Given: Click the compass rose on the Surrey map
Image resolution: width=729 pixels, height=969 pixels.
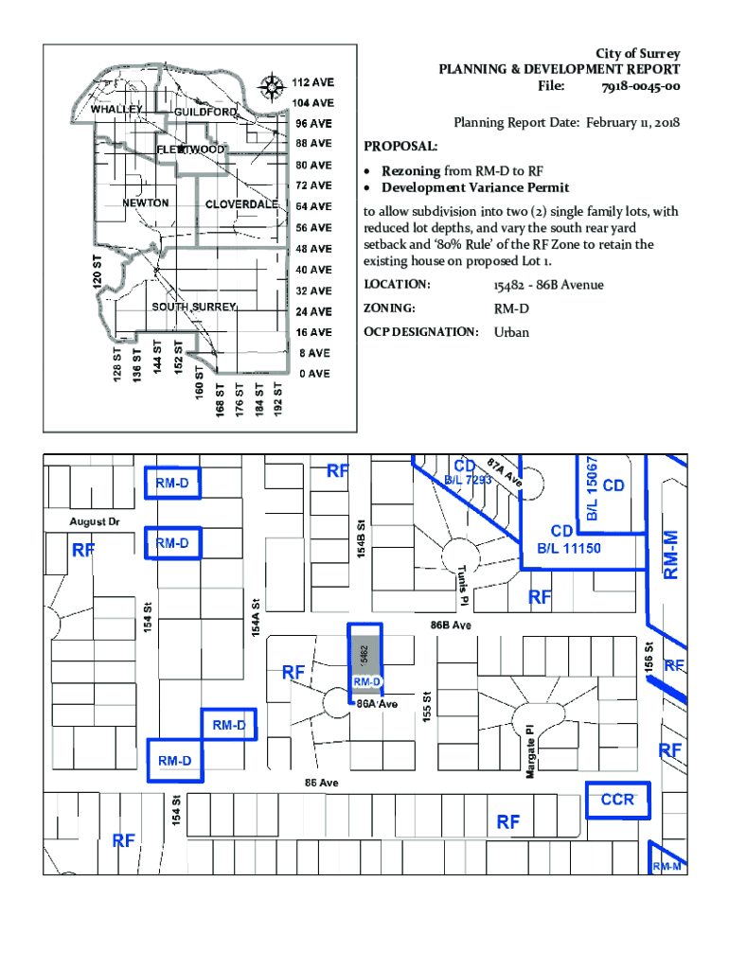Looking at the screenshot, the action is (x=272, y=86).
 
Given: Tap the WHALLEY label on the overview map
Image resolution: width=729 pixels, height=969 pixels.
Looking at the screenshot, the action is (x=116, y=110).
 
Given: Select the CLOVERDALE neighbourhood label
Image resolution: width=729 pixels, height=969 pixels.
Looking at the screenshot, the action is (x=241, y=204).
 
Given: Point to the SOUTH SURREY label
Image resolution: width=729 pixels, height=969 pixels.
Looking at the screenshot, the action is (x=194, y=307).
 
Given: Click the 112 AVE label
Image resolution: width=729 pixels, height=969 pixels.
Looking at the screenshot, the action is (x=312, y=82).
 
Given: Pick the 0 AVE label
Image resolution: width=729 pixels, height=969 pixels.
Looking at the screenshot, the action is (x=314, y=374).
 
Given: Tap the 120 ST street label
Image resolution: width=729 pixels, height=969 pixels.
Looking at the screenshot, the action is (x=98, y=270).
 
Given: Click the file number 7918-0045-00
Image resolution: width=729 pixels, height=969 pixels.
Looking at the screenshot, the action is (x=641, y=86).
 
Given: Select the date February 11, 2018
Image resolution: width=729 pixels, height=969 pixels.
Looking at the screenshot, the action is (x=632, y=122).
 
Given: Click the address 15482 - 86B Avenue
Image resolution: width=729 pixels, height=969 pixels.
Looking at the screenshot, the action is (x=548, y=285).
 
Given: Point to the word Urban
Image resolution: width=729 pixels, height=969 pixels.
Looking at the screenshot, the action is (x=511, y=332).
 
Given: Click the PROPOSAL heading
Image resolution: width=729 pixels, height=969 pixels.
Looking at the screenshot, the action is (x=400, y=147).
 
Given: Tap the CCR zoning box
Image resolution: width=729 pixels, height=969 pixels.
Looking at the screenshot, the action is (x=617, y=801).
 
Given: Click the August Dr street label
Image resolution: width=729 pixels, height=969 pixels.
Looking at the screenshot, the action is (x=95, y=521).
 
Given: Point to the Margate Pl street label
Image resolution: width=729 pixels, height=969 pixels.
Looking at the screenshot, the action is (x=530, y=750).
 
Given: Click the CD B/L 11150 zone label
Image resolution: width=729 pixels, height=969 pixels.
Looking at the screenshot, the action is (x=568, y=540).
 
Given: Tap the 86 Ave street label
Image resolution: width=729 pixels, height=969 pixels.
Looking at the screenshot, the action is (x=322, y=783).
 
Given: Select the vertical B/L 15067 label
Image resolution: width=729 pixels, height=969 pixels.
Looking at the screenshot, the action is (x=592, y=489).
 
